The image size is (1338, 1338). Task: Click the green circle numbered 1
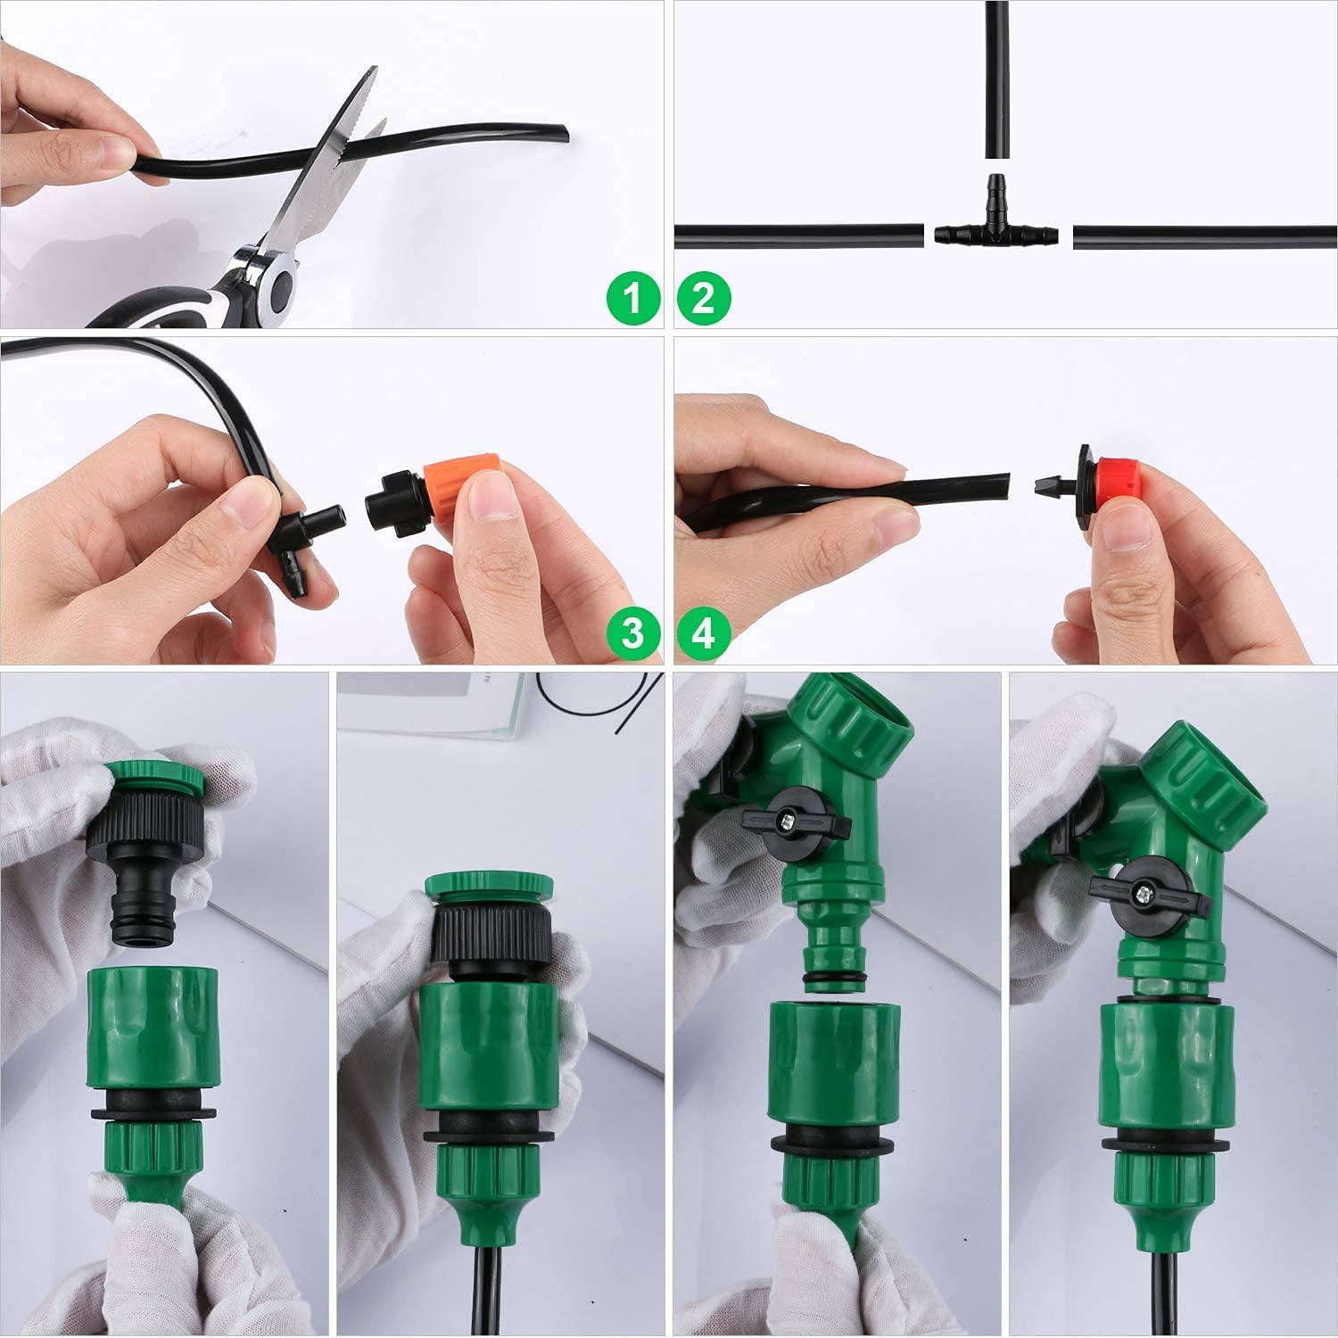pos(632,297)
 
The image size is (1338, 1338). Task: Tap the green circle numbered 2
pos(704,297)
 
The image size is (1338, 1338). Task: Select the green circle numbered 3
pos(632,632)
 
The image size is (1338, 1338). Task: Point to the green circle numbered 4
pos(704,632)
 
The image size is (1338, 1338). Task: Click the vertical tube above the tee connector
pos(996,80)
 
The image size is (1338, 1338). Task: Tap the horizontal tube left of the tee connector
pos(798,236)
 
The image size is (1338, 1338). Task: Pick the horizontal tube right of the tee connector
pos(1204,236)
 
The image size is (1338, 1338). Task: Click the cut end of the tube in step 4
pos(1003,486)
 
